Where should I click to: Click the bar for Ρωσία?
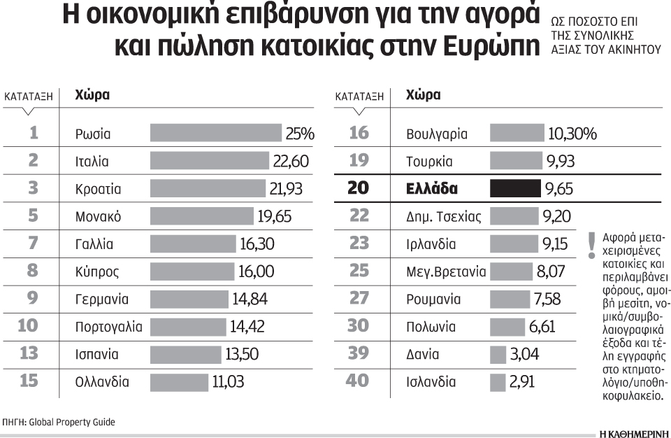pyautogui.click(x=217, y=134)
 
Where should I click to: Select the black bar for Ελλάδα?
pyautogui.click(x=515, y=189)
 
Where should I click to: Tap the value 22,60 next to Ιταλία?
pyautogui.click(x=291, y=162)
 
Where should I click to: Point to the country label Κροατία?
pyautogui.click(x=99, y=189)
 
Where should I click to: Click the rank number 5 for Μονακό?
pyautogui.click(x=33, y=216)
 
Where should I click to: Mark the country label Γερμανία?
pyautogui.click(x=102, y=299)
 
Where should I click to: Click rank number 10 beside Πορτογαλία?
pyautogui.click(x=33, y=327)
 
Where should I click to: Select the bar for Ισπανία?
pyautogui.click(x=185, y=354)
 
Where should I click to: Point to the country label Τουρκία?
pyautogui.click(x=429, y=162)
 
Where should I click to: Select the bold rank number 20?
pyautogui.click(x=359, y=189)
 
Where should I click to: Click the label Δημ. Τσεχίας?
pyautogui.click(x=444, y=216)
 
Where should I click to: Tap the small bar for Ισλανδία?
pyautogui.click(x=498, y=382)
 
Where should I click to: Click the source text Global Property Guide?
pyautogui.click(x=72, y=422)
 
